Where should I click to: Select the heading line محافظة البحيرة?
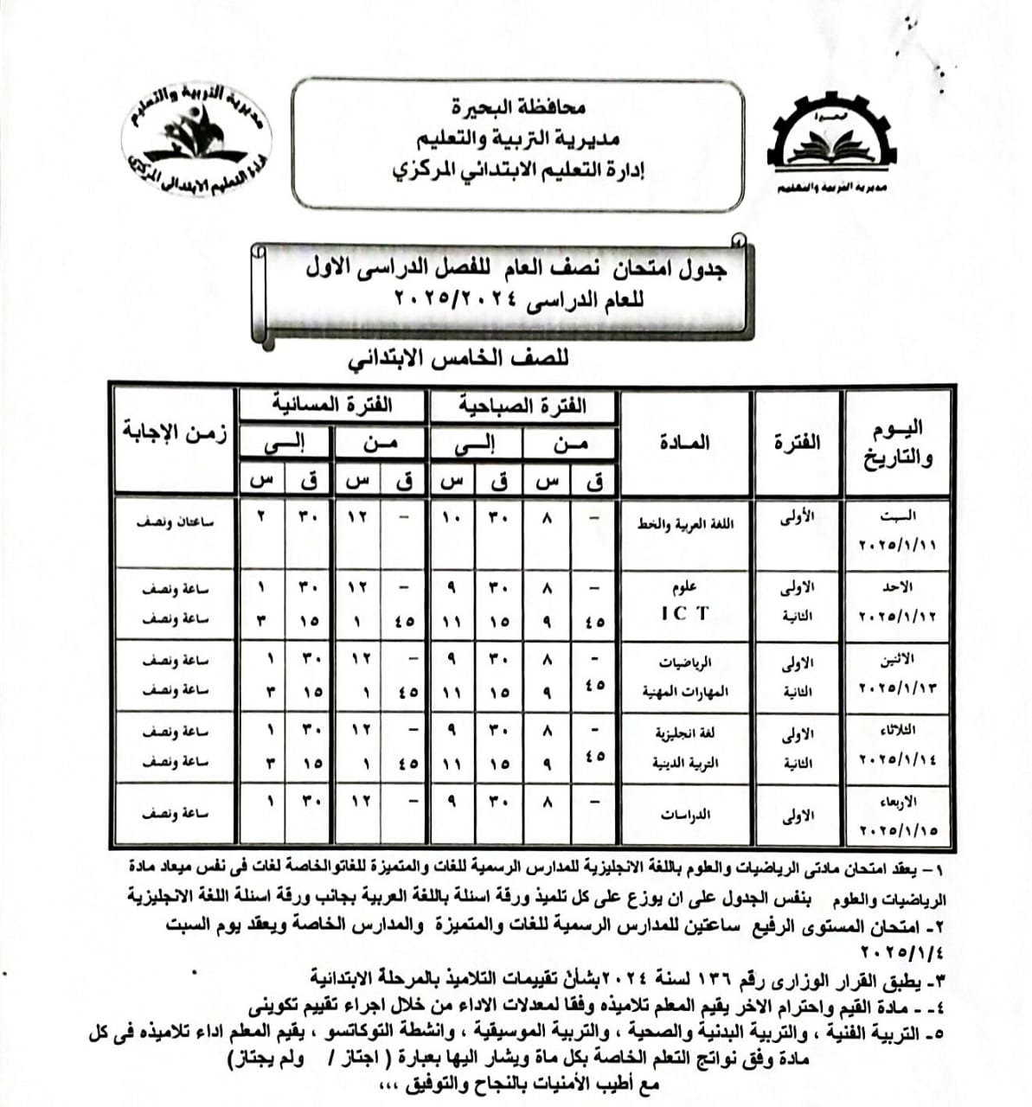517,107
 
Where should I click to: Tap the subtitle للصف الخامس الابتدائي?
458,360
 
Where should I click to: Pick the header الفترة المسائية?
332,405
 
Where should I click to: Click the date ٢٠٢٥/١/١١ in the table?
898,547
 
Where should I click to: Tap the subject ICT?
684,613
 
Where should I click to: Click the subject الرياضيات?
686,663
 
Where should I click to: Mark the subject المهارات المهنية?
685,692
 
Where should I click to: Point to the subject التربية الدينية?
685,764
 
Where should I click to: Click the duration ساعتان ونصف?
176,522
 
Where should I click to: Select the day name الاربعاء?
898,801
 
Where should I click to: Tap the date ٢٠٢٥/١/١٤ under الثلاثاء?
898,759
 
